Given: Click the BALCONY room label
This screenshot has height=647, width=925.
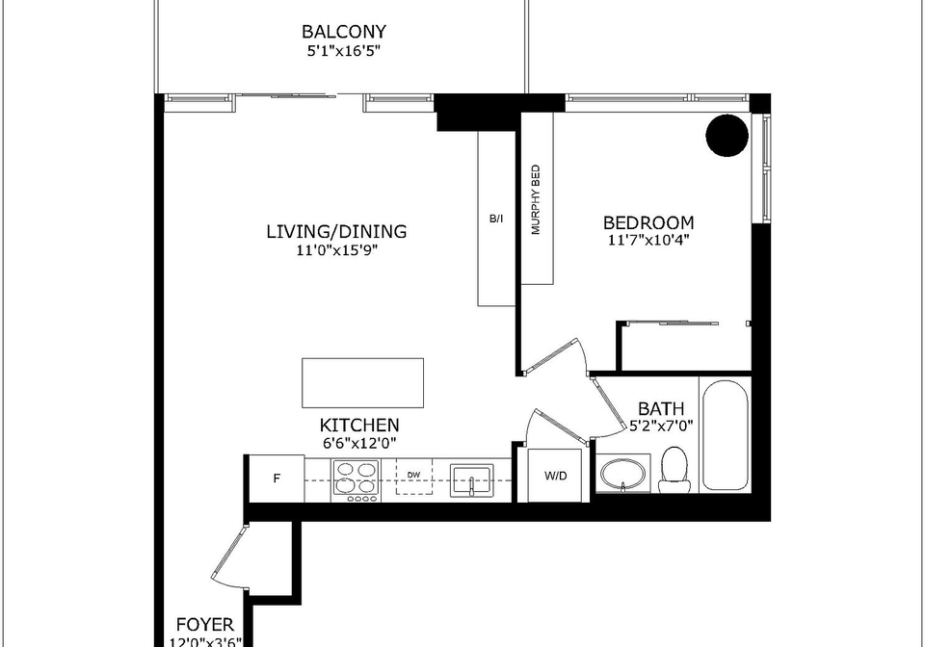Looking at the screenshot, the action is tap(344, 31).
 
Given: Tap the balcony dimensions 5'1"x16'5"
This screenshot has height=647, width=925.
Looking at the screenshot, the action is tap(343, 51).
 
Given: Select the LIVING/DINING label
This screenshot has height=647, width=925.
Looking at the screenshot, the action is tap(337, 231).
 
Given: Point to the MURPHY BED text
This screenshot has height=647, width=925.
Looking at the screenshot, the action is tap(536, 199).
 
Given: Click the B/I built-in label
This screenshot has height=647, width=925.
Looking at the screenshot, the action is tap(496, 219).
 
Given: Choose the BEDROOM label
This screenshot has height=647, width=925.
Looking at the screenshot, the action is tap(648, 222).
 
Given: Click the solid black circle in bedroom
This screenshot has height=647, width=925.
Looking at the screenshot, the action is tap(727, 136).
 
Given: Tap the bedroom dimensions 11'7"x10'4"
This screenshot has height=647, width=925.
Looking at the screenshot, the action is tap(648, 241).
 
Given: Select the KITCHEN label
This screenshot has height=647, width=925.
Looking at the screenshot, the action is tap(359, 425).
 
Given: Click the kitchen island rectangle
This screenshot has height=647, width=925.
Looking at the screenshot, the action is tap(363, 382).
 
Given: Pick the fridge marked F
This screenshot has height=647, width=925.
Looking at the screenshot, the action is tap(277, 479).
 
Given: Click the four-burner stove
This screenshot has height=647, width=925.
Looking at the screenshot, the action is tap(356, 480).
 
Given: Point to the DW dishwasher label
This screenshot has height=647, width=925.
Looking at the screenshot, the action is tap(413, 475).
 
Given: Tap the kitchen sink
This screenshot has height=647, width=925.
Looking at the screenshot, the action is tap(472, 481).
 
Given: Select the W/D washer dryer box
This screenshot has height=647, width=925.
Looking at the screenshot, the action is tap(555, 476).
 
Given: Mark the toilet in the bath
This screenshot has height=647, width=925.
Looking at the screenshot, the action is tap(674, 470).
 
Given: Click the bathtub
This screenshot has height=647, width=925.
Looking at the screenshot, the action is tap(725, 435).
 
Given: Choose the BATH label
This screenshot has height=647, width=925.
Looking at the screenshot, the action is tap(661, 408).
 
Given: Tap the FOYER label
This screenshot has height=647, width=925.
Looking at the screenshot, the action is tap(205, 625).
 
